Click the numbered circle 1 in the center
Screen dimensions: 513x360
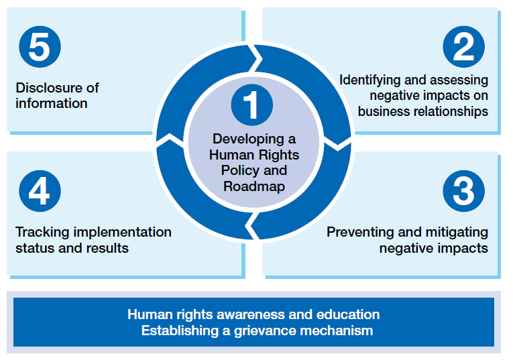point(251,105)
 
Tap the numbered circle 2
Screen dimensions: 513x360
point(463,47)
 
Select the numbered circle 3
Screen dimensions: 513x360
point(463,191)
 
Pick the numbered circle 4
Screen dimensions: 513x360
point(40,191)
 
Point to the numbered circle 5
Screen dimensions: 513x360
point(40,47)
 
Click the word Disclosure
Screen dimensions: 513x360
point(47,88)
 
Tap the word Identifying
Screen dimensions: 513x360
point(369,80)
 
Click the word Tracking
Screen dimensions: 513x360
point(42,233)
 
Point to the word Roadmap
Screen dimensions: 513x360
point(254,186)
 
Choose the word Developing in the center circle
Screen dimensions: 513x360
point(248,139)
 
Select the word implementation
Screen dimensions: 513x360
point(123,232)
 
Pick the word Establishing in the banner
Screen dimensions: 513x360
point(180,331)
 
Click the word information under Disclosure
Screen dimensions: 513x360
point(52,104)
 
